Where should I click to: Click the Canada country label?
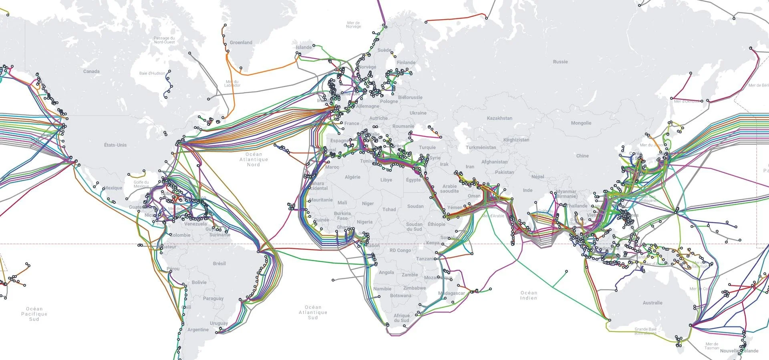tap(91, 71)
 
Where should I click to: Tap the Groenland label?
tap(241, 42)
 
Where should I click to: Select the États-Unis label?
tap(115, 145)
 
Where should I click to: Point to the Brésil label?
tap(219, 263)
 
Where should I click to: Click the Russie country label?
tap(560, 62)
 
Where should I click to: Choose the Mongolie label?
tap(581, 123)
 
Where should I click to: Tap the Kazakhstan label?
tap(499, 118)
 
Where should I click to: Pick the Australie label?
tap(652, 303)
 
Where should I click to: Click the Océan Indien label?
tap(529, 295)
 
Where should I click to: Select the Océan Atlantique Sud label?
tap(313, 312)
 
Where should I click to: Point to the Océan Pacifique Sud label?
tap(34, 314)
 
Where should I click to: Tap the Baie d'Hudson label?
tap(152, 73)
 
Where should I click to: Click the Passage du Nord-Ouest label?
tap(164, 40)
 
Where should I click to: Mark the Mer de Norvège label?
tap(354, 25)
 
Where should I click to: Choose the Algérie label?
tap(352, 177)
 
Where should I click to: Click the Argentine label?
tap(198, 330)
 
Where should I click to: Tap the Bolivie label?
tap(199, 282)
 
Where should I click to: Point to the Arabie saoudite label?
tap(449, 189)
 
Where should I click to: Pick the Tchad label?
tap(389, 209)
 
